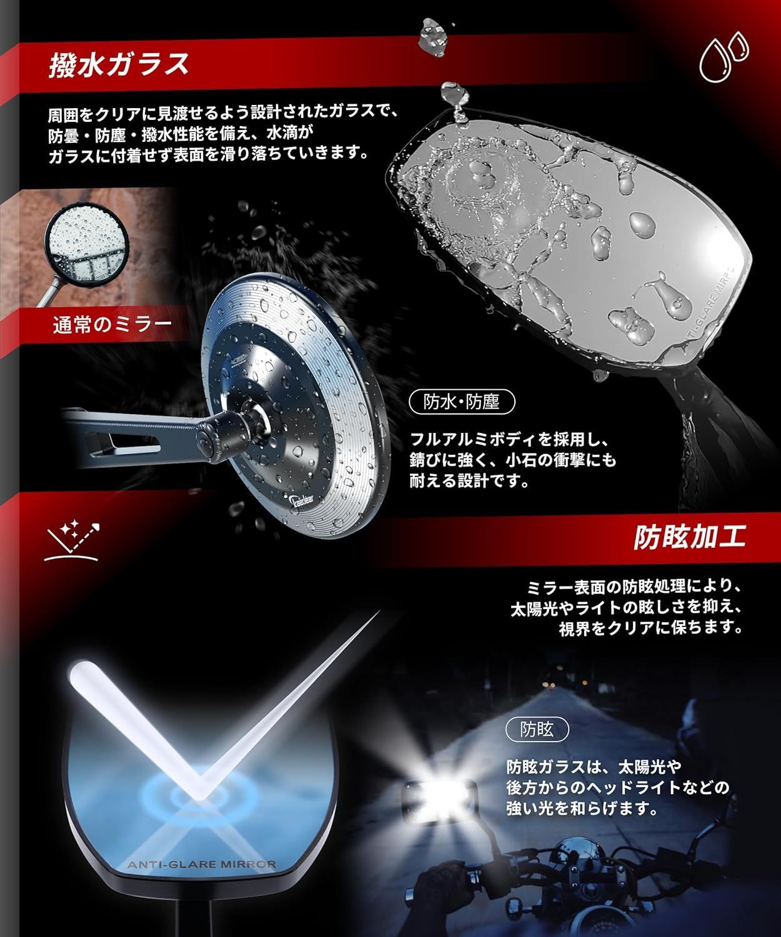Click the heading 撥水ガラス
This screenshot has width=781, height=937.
tap(119, 64)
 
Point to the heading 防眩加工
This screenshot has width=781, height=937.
tap(690, 537)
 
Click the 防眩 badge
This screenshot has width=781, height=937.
tap(537, 729)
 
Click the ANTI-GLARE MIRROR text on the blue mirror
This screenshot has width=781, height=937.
tap(201, 865)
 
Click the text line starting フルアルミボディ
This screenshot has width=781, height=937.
tap(509, 439)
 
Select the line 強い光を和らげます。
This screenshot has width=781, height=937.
tap(582, 808)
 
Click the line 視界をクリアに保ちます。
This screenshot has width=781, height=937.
tap(650, 628)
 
